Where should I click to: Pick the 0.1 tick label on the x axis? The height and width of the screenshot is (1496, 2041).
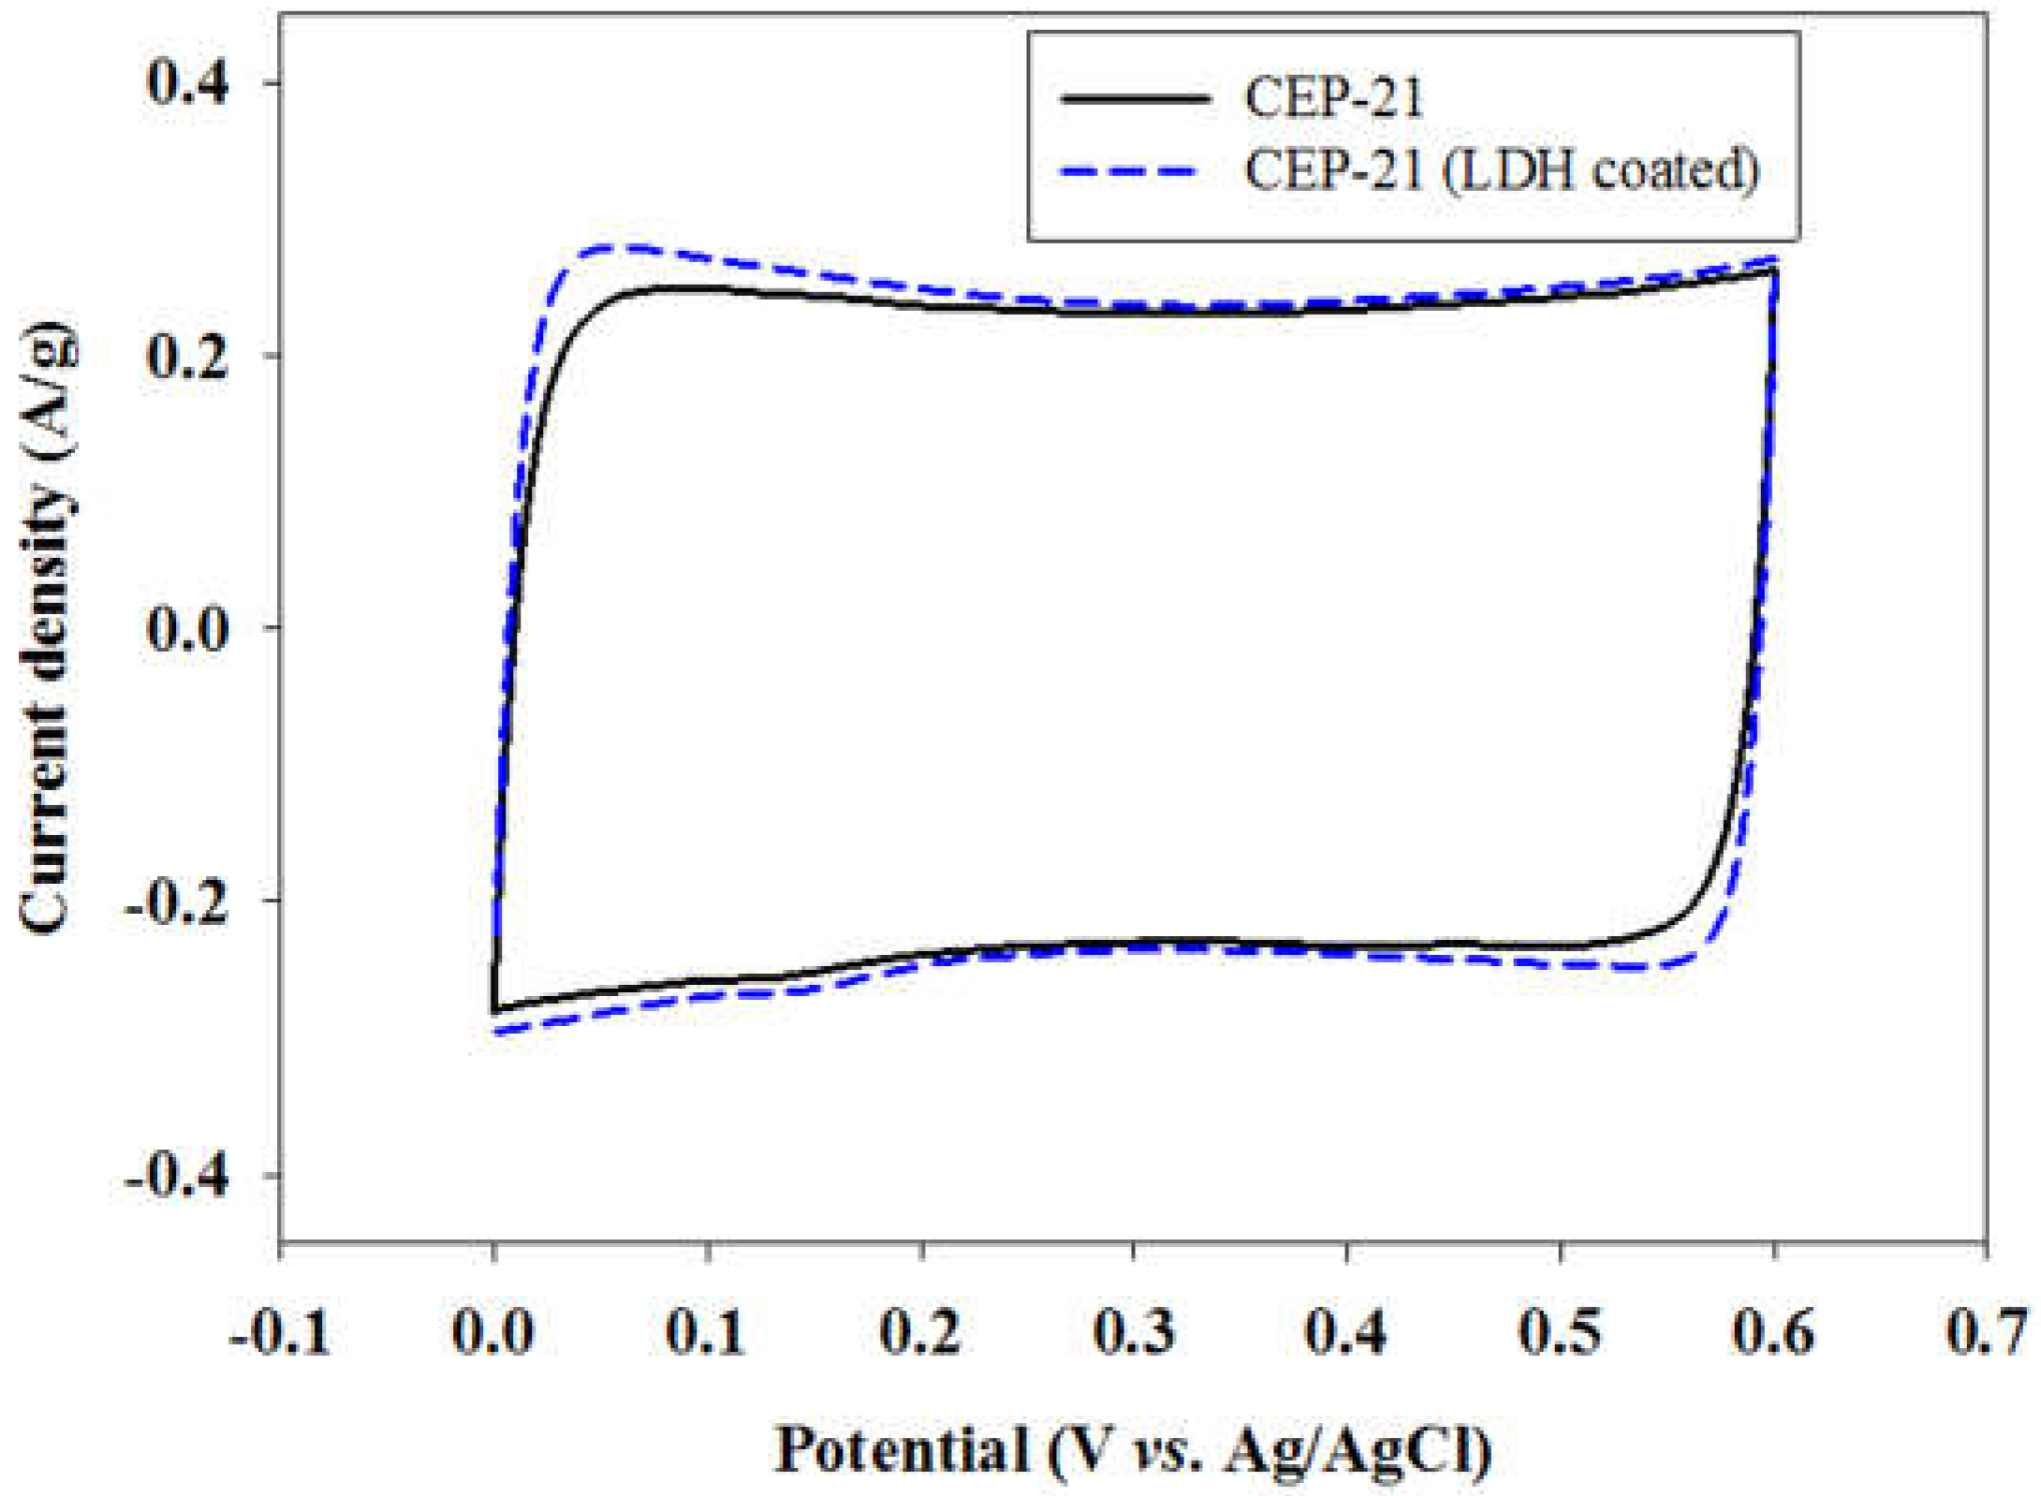coord(707,1332)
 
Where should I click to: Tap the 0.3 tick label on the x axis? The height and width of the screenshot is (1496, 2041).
coord(1134,1332)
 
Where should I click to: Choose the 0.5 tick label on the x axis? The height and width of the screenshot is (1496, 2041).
coord(1560,1332)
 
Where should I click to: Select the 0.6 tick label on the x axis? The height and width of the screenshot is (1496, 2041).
coord(1773,1332)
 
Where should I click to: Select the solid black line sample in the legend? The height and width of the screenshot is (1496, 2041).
coord(1135,97)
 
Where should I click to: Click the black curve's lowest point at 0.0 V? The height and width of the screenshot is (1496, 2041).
coord(494,1012)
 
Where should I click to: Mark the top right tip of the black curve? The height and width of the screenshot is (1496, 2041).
coord(1774,271)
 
